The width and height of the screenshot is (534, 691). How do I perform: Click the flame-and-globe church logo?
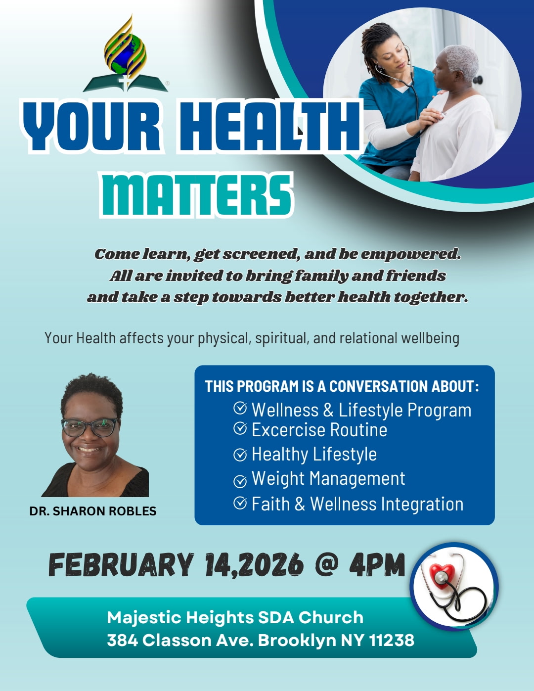point(126,54)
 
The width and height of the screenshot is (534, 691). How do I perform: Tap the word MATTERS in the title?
point(196,195)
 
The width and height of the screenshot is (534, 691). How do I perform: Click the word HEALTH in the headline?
point(269,126)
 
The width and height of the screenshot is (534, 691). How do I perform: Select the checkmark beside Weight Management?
point(240,481)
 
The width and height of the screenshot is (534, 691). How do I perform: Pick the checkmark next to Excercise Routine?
point(240,428)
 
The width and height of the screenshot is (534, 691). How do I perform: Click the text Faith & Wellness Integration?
point(357,504)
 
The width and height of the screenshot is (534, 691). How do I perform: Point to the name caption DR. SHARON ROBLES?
point(93,511)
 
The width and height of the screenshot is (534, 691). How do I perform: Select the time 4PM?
point(377,564)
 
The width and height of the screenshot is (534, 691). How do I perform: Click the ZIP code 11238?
point(392,640)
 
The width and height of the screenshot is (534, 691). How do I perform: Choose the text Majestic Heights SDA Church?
point(235,618)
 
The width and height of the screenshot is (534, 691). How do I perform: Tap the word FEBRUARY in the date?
point(121,565)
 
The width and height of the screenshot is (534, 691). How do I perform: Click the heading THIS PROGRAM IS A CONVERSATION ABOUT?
point(342,386)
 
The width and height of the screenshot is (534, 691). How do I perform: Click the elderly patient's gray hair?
point(461,60)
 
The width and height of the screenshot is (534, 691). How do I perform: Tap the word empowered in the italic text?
point(411,254)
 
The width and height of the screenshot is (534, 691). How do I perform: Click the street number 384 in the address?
point(123,640)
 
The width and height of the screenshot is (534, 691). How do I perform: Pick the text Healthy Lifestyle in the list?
point(314,454)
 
